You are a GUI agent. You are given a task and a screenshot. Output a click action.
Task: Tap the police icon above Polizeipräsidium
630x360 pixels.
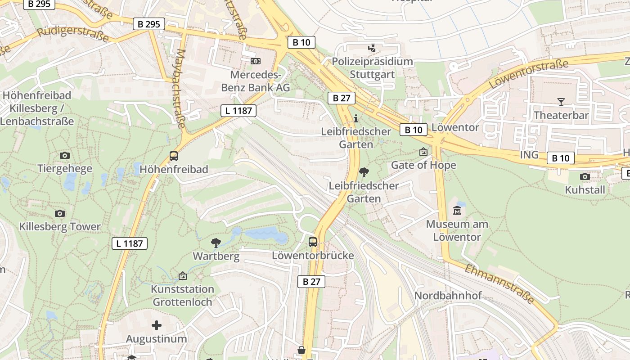pos(372,48)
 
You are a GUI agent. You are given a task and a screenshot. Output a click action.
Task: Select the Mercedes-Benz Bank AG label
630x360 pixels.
pos(255,81)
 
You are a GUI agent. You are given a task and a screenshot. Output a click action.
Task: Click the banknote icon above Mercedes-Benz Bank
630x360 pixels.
pos(255,61)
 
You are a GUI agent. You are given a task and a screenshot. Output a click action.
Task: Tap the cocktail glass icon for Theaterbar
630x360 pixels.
pos(561,102)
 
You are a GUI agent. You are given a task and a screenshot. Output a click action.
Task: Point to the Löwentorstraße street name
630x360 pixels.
pos(528,74)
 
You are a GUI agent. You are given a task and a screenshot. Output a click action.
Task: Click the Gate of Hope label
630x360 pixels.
pos(423,165)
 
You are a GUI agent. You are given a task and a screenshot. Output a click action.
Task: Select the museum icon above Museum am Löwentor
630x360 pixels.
pos(457,210)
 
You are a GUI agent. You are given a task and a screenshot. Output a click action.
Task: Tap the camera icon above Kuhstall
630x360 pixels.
pos(585,176)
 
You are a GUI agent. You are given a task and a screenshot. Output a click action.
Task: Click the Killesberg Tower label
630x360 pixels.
pos(60,226)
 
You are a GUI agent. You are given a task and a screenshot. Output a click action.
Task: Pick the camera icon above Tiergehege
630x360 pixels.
pos(64,155)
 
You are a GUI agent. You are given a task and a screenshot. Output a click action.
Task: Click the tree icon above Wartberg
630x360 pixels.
pos(216,243)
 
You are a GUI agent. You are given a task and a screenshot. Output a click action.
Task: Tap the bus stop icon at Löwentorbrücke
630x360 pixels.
pos(313,242)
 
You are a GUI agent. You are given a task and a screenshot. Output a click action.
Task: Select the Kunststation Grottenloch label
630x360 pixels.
pos(182,295)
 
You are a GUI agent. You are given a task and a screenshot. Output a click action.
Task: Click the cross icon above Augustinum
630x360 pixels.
pos(156,325)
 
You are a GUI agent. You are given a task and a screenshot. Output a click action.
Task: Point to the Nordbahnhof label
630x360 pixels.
pos(448,296)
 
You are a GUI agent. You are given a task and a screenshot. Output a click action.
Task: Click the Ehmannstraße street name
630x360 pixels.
pos(499,284)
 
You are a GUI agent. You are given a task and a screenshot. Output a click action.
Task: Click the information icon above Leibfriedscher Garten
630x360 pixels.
pos(356,118)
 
